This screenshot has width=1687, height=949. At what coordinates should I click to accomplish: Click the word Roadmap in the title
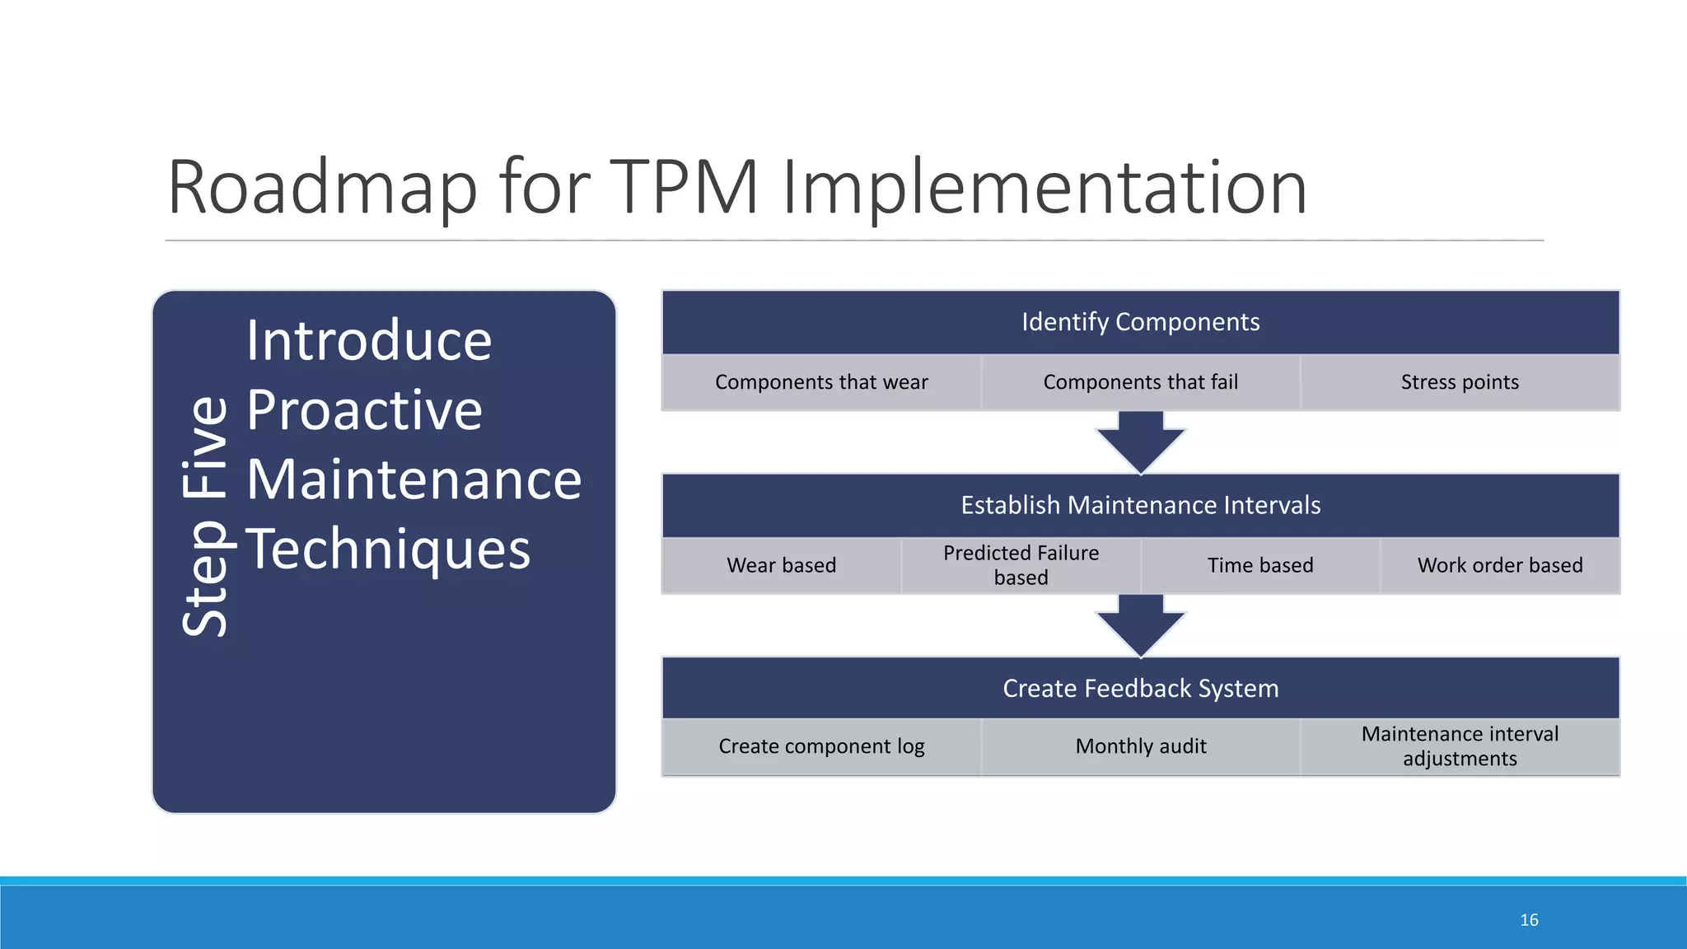point(321,188)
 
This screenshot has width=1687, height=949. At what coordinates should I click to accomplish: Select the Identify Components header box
point(1140,322)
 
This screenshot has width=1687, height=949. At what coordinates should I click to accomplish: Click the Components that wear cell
point(821,382)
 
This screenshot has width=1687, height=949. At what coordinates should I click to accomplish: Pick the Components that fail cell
point(1140,382)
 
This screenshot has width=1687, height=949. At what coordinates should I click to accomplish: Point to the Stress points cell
point(1460,382)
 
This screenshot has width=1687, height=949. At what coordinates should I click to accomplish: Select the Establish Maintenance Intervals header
point(1140,505)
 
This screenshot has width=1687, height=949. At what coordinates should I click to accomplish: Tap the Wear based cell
point(781,565)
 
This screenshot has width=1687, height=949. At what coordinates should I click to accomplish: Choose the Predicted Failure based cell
point(1021,565)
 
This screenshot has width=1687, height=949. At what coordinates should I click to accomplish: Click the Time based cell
point(1260,565)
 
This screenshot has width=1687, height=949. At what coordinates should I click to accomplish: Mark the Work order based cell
point(1500,565)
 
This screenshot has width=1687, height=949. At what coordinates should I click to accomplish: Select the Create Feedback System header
point(1140,689)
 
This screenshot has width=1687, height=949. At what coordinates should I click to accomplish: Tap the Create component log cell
point(821,746)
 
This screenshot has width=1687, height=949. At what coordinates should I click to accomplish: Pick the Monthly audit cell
point(1140,746)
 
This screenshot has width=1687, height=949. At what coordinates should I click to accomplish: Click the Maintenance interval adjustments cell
point(1460,746)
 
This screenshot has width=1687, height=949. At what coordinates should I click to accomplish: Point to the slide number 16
point(1529,920)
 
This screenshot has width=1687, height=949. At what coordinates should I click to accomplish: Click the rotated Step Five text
point(204,517)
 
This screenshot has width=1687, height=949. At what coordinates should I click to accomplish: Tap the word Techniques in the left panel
point(388,550)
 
